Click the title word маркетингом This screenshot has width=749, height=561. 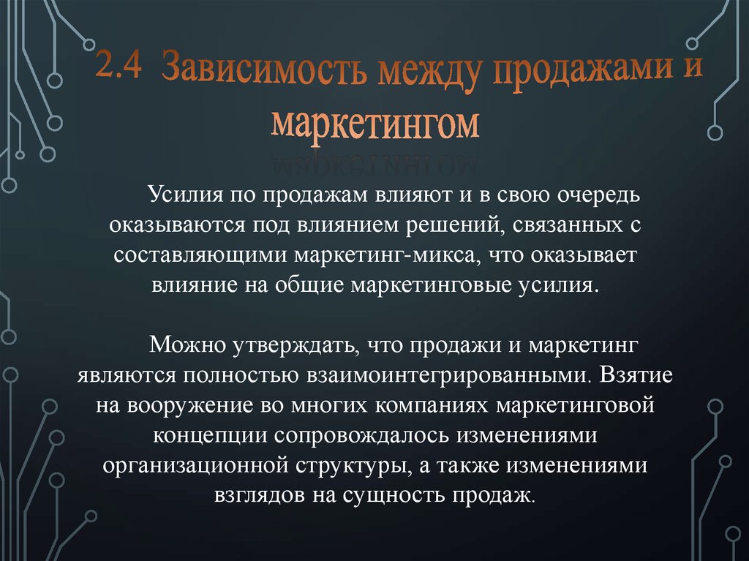[x=375, y=124]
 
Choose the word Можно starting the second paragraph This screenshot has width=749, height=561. [x=184, y=344]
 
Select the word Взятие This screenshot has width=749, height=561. [x=636, y=374]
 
